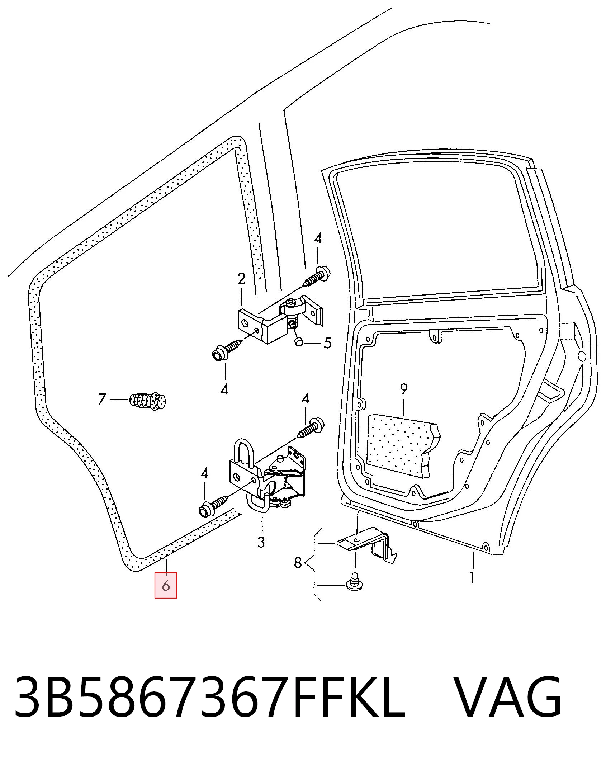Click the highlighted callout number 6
[x=166, y=586]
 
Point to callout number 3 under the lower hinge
[x=261, y=542]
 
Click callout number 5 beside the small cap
[x=327, y=343]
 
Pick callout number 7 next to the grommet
[x=102, y=399]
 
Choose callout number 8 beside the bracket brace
[x=298, y=563]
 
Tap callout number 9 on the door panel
[x=404, y=389]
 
